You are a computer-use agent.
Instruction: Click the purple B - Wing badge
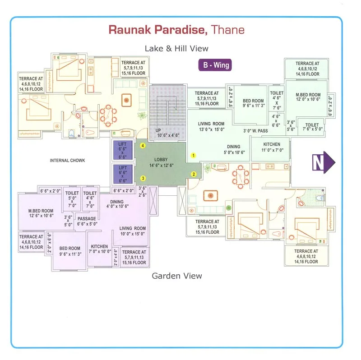point(216,65)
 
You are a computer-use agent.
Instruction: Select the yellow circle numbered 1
point(194,155)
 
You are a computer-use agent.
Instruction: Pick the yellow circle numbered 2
point(194,174)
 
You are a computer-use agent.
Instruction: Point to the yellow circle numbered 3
point(143,178)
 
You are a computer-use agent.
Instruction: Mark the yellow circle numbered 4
point(143,146)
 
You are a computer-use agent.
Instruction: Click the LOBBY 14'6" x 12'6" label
point(161,162)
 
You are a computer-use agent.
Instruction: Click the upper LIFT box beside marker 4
point(123,150)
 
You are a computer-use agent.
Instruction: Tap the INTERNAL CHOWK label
point(68,160)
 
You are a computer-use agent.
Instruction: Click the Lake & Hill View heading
point(176,48)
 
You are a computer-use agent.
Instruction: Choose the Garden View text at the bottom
point(176,276)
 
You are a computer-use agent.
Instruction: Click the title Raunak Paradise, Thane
point(176,30)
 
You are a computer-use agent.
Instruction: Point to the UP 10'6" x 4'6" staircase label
point(167,132)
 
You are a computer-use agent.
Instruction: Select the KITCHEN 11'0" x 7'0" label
point(272,147)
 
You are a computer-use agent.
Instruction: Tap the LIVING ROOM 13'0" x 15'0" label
point(211,127)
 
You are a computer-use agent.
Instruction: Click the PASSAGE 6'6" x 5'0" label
point(87,222)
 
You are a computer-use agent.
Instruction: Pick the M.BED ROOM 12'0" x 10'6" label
point(308,98)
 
